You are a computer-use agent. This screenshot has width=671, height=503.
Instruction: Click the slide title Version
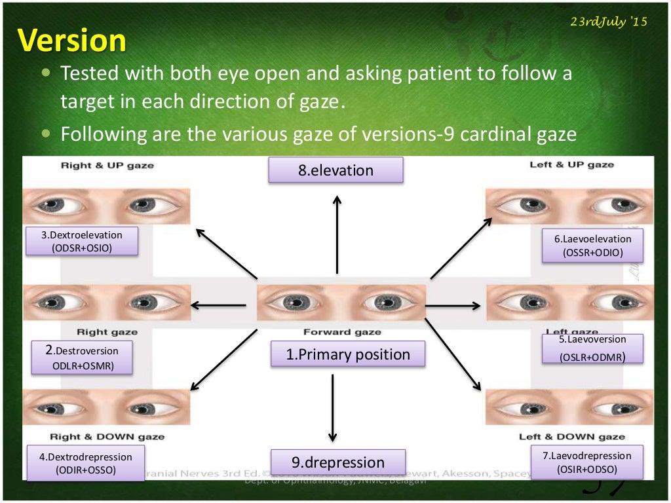(x=72, y=40)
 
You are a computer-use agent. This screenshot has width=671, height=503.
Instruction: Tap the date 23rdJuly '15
(x=608, y=21)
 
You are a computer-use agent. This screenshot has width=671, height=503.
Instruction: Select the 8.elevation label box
(x=335, y=170)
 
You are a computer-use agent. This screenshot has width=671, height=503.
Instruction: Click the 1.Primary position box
(x=347, y=354)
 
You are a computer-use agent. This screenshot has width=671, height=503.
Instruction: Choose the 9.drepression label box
(x=337, y=462)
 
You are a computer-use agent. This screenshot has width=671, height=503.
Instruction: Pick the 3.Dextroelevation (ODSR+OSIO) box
(x=82, y=241)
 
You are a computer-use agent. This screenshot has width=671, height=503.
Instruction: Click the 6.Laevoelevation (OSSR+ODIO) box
(x=592, y=246)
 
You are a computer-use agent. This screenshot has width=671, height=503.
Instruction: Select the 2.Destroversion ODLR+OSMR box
(x=82, y=357)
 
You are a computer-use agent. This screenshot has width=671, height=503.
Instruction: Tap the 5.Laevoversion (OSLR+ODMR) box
(x=592, y=348)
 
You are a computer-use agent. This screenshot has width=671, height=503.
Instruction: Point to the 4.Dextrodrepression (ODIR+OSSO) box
(x=85, y=463)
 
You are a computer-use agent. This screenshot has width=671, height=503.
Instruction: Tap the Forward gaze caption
(x=341, y=332)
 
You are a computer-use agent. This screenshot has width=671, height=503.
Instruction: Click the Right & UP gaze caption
(x=107, y=165)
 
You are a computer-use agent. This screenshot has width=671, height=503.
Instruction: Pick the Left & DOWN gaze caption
(x=571, y=436)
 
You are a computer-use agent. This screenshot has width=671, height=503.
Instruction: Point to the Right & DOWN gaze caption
(x=107, y=436)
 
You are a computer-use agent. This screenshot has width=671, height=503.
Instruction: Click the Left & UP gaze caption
(x=571, y=164)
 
